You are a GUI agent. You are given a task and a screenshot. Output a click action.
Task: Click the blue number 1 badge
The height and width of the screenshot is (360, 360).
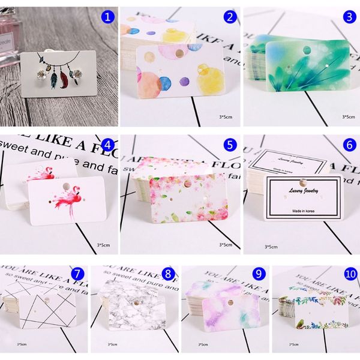point(107,17)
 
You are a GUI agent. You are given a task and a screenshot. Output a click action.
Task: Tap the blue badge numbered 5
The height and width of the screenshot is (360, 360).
point(229,144)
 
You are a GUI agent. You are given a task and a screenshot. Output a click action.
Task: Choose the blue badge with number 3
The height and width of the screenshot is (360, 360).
point(347,17)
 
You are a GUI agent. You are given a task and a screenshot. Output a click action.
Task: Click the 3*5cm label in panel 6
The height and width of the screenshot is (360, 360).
point(271,246)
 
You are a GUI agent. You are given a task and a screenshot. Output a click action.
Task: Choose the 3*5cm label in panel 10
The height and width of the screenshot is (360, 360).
point(293,344)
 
